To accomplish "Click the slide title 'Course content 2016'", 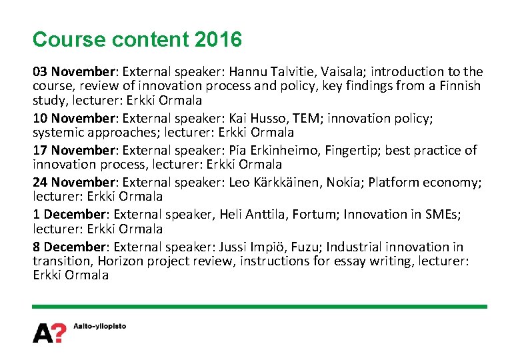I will (x=137, y=40).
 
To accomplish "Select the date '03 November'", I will (x=71, y=71).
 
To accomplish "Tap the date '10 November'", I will (x=71, y=119).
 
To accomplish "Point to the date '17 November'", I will (x=71, y=151).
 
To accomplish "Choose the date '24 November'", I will (x=71, y=183).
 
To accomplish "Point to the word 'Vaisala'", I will (x=345, y=71).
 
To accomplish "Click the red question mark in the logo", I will (x=59, y=332).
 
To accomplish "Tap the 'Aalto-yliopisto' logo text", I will (x=99, y=327).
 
